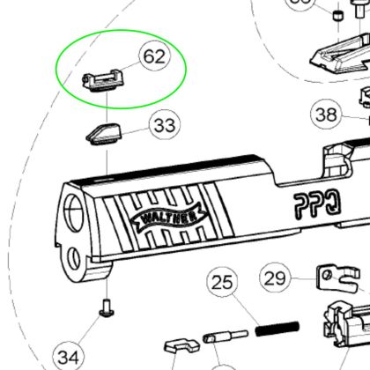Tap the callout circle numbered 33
[x=164, y=126]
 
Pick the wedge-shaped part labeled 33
[x=107, y=132]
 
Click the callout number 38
[x=327, y=115]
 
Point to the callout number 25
[x=224, y=284]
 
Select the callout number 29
[x=276, y=278]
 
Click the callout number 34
[x=68, y=356]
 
